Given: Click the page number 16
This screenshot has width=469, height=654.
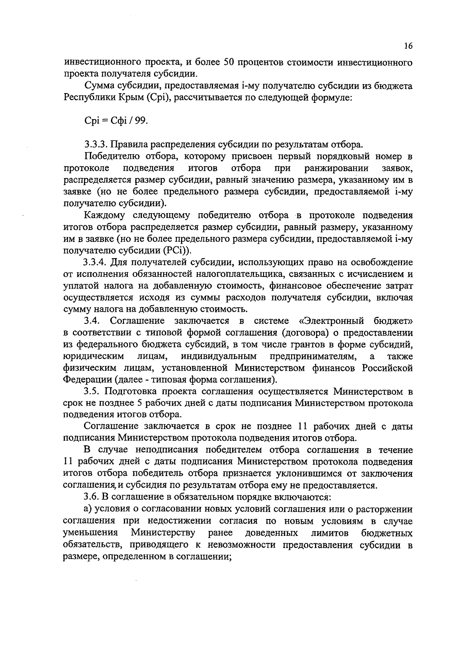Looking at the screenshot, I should pyautogui.click(x=408, y=46).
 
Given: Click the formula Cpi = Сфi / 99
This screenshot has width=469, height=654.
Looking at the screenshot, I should pyautogui.click(x=116, y=121).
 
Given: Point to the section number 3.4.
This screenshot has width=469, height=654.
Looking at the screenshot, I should pyautogui.click(x=93, y=321).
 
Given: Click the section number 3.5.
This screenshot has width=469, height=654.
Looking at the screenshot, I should pyautogui.click(x=93, y=392).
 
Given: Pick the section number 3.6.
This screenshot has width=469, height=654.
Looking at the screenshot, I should pyautogui.click(x=93, y=497).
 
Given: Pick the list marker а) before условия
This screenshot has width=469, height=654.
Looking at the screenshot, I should pyautogui.click(x=88, y=509).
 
